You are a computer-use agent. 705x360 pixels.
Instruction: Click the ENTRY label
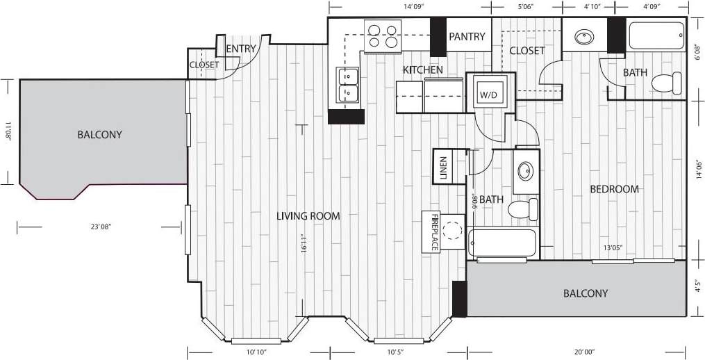coord(241,49)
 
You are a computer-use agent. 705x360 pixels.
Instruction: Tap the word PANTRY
coord(467,37)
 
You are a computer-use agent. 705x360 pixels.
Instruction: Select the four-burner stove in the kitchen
coord(383,37)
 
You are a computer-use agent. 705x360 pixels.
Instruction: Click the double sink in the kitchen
coord(347,85)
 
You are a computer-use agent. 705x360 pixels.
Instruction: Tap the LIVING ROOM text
coord(308,216)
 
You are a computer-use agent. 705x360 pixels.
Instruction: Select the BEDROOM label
coord(614,189)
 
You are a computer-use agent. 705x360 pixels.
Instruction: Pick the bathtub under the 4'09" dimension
coord(656,35)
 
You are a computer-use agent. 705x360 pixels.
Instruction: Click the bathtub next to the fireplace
coord(502,243)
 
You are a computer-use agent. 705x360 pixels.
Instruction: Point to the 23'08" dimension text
coord(100,227)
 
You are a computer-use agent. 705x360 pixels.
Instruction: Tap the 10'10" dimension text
coord(257,352)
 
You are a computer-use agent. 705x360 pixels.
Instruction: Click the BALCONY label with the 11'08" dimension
coord(99,134)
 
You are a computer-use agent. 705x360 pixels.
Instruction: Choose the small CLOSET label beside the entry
coord(204,65)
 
